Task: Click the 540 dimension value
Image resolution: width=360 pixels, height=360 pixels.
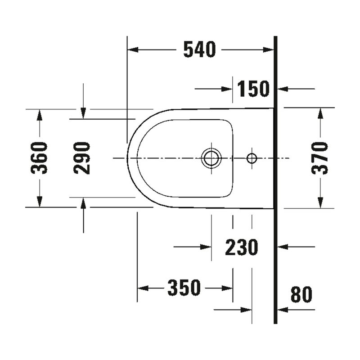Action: pos(199,49)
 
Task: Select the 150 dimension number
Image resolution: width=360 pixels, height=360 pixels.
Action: pos(253,89)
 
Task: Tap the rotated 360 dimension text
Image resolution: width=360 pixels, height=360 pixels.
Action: pos(40,158)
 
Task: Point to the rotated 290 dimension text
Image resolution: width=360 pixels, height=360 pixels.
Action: pos(83,158)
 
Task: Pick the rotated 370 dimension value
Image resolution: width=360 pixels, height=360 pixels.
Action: pos(320,158)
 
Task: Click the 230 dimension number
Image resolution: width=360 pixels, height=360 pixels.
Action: pos(241,247)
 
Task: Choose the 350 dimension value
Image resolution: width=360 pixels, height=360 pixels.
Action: pos(184,288)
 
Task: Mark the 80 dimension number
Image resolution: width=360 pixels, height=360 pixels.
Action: pos(301,295)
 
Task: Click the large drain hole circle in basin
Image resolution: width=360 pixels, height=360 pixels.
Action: pos(211,158)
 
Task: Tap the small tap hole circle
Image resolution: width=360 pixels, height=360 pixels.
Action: pos(252,158)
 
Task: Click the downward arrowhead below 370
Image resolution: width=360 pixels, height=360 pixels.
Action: pos(320,203)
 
